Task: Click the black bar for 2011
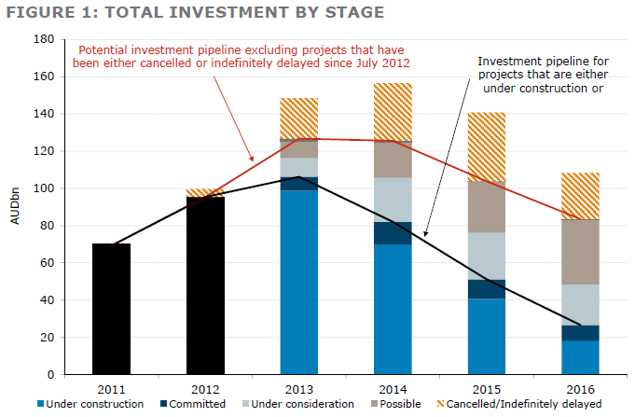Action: coord(111,309)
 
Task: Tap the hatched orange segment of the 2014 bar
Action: coord(393,112)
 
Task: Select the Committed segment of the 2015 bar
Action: coord(487,289)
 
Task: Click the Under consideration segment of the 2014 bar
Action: coord(393,200)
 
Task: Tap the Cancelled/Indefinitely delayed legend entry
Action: coord(535,404)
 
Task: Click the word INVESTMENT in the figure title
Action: coord(185,12)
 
